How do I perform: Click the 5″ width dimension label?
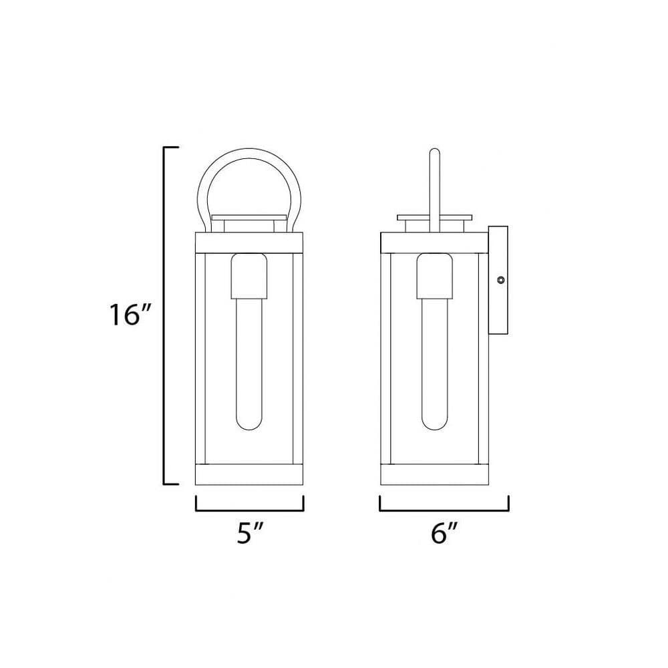(x=250, y=532)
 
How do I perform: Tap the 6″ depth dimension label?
(x=444, y=532)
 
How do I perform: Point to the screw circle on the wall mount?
(x=501, y=280)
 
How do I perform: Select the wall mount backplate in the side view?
(x=498, y=281)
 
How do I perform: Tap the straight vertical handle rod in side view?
(x=434, y=190)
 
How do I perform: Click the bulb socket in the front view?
(x=248, y=276)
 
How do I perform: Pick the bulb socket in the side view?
(x=434, y=276)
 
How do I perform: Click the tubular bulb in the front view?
(x=248, y=363)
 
